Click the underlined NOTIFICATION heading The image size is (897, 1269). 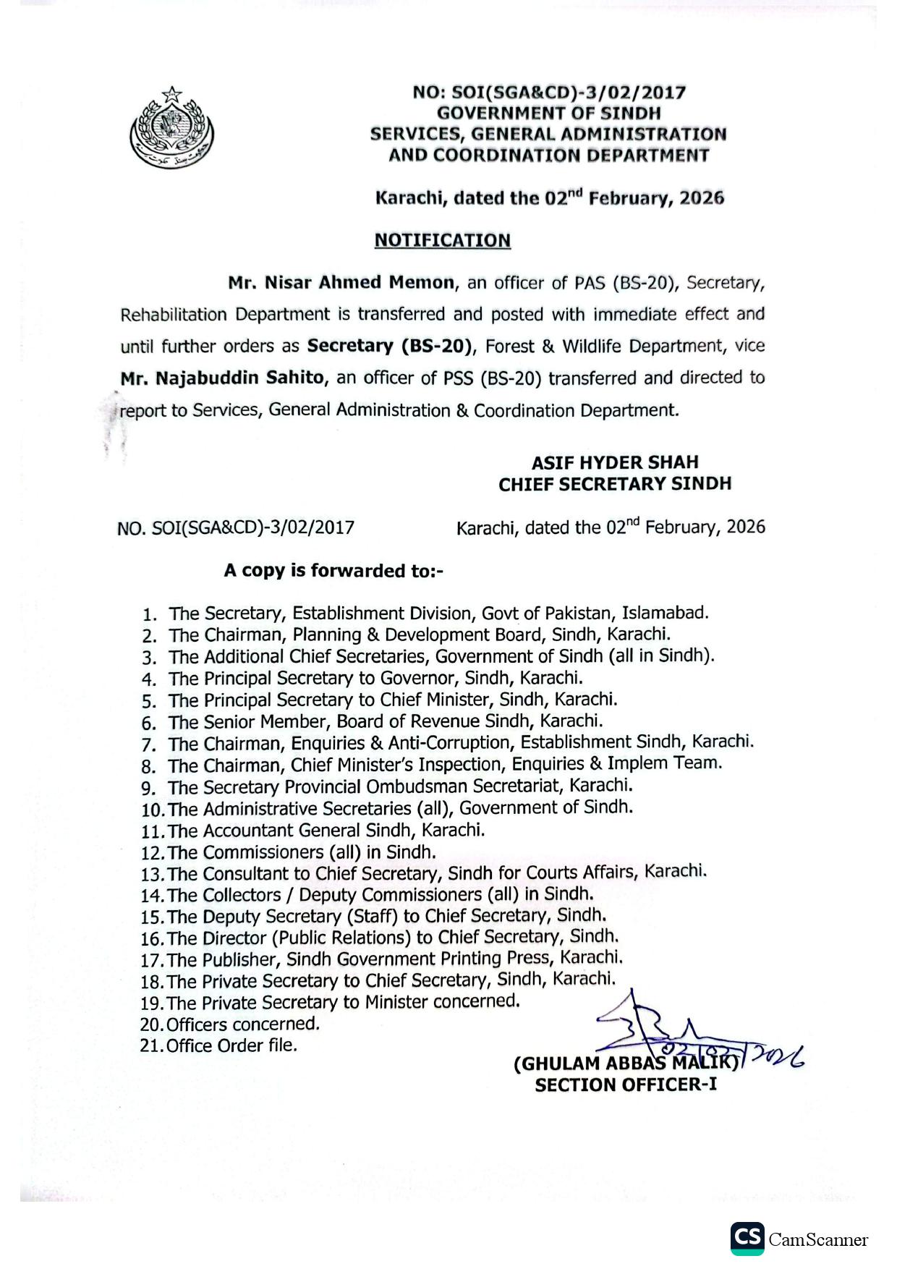pyautogui.click(x=442, y=240)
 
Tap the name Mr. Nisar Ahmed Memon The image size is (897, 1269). pyautogui.click(x=341, y=282)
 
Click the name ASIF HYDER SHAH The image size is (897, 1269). pyautogui.click(x=615, y=462)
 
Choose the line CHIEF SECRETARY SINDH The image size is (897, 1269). pyautogui.click(x=615, y=484)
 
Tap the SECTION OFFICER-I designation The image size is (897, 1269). pyautogui.click(x=626, y=1085)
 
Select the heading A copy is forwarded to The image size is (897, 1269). pyautogui.click(x=333, y=571)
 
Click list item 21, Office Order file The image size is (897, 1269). pyautogui.click(x=231, y=1045)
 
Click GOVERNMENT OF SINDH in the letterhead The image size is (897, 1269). pyautogui.click(x=548, y=113)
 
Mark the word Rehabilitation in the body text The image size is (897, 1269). pyautogui.click(x=174, y=315)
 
